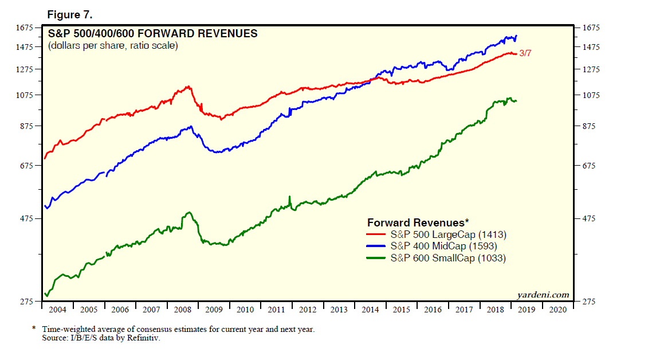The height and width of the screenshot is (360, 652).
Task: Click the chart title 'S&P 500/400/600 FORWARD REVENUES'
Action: coord(152,34)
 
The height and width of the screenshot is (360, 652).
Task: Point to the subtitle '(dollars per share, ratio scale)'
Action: coord(113,46)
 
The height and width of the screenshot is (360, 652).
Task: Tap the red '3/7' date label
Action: coord(526,54)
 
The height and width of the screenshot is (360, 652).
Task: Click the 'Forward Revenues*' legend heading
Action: coord(418,222)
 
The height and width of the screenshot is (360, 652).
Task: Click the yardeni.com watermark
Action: coord(543,295)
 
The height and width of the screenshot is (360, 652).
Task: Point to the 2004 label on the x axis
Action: coord(57,310)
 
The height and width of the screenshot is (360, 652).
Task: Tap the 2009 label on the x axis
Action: coord(214,310)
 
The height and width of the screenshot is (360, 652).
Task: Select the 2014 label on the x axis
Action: coord(370,310)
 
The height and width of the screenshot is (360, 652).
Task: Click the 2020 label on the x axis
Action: coord(557,310)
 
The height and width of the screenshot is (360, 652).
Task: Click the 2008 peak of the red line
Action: coord(188,87)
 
